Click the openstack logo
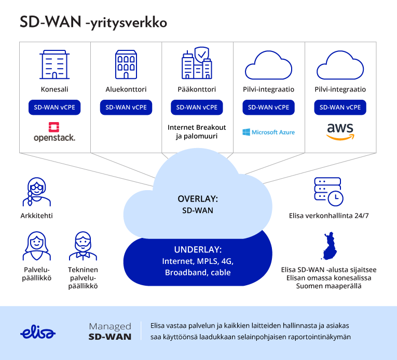(54, 132)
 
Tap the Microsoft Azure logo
(268, 132)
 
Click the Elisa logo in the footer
(38, 333)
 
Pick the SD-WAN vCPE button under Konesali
(54, 108)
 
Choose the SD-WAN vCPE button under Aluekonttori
(126, 108)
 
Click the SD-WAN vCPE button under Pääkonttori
(197, 108)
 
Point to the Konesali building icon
(54, 64)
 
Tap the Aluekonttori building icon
(126, 64)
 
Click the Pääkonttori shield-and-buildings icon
(197, 63)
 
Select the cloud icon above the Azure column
(268, 64)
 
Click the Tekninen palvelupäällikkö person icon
(83, 246)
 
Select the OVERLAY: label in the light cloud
(197, 199)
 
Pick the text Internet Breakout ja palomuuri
(197, 132)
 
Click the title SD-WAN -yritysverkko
(93, 22)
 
